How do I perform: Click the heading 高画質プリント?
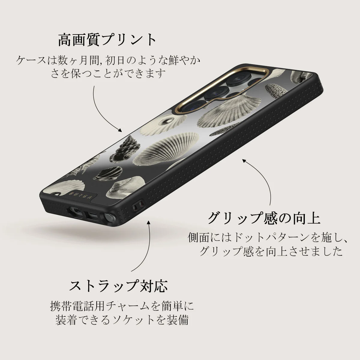[107, 40]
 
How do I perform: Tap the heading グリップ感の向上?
[264, 218]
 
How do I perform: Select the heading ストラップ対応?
[118, 286]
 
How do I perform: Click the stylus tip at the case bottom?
[108, 218]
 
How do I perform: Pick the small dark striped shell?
[108, 173]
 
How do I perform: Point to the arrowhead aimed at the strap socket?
[149, 223]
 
